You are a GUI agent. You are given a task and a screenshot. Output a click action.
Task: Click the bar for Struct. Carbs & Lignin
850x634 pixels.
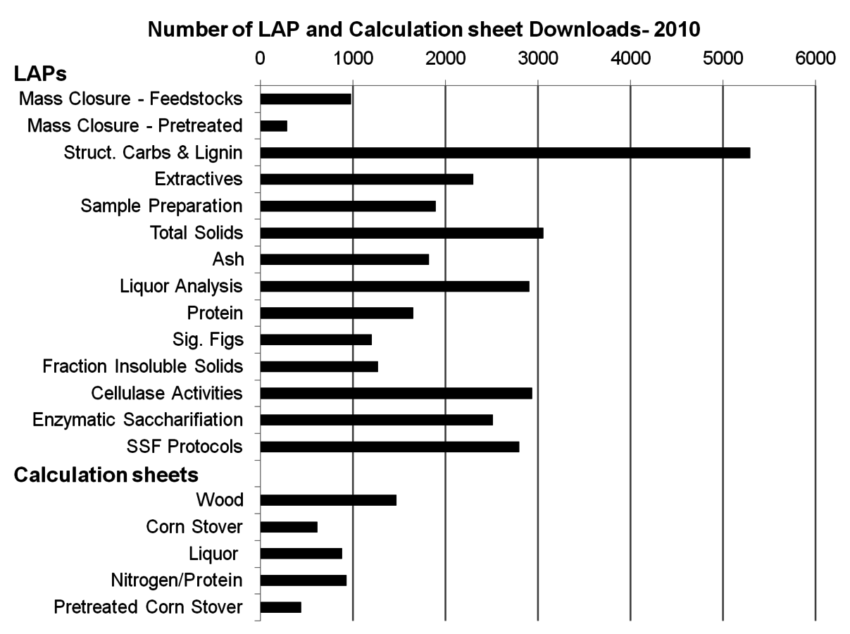505,153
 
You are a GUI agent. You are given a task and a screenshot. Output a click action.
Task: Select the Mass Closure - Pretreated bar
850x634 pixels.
274,126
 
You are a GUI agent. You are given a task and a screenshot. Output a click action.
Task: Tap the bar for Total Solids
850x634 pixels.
401,233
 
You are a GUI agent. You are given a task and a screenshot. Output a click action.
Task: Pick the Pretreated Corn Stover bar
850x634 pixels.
281,607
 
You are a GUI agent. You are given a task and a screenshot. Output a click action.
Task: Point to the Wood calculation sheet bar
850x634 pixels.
328,500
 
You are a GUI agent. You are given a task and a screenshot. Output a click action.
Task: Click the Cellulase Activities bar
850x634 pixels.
396,394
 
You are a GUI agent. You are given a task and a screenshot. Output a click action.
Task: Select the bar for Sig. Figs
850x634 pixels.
316,340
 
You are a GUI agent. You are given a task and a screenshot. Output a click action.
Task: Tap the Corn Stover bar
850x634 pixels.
289,527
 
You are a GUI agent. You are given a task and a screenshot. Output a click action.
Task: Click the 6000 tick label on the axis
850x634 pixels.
815,58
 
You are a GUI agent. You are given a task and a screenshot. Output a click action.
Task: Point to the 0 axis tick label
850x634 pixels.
261,58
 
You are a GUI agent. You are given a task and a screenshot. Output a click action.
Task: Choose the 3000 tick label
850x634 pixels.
538,58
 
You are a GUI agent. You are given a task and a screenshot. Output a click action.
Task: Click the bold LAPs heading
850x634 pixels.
40,73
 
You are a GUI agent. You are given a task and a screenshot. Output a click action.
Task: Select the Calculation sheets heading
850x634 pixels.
106,475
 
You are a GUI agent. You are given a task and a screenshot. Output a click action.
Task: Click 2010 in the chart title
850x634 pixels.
677,30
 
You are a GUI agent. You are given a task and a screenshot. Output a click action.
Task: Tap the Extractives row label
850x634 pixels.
199,179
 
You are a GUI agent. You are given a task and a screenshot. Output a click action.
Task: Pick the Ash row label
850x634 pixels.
228,259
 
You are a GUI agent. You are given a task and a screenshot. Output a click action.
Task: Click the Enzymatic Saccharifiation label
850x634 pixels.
138,420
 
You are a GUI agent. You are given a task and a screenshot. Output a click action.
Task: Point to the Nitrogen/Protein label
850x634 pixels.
177,580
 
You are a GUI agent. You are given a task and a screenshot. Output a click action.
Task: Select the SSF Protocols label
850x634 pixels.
185,447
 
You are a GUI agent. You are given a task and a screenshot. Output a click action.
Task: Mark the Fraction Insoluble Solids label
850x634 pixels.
143,366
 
